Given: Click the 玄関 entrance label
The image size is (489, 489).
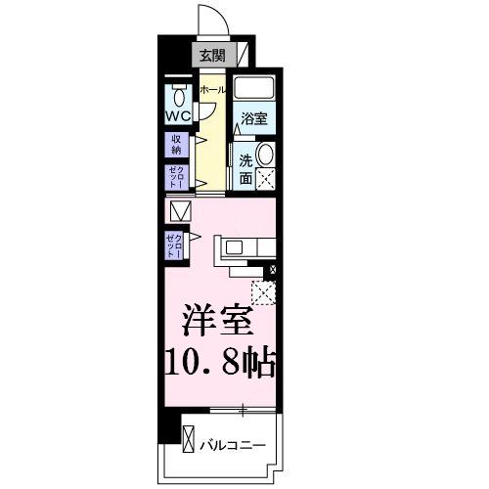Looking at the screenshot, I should pyautogui.click(x=212, y=55).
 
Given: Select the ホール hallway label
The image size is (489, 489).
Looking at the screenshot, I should pyautogui.click(x=211, y=89).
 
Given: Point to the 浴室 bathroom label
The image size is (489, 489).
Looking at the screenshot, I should pyautogui.click(x=255, y=119).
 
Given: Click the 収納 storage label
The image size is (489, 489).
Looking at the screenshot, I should pyautogui.click(x=177, y=145).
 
